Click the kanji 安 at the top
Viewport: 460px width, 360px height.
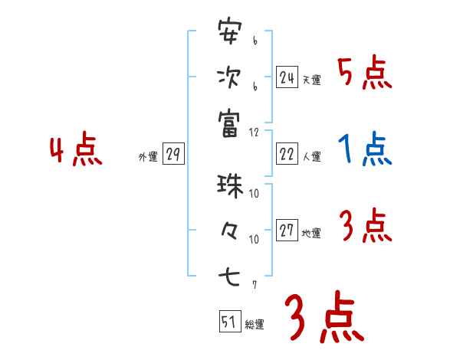[x=229, y=33]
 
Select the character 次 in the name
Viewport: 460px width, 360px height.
[x=229, y=77]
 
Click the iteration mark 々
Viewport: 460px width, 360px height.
[x=229, y=230]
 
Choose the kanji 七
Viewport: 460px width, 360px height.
[x=229, y=274]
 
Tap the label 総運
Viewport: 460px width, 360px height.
[x=255, y=325]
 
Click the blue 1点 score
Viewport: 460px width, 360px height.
[x=364, y=149]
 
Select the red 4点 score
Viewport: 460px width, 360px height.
[x=75, y=150]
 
